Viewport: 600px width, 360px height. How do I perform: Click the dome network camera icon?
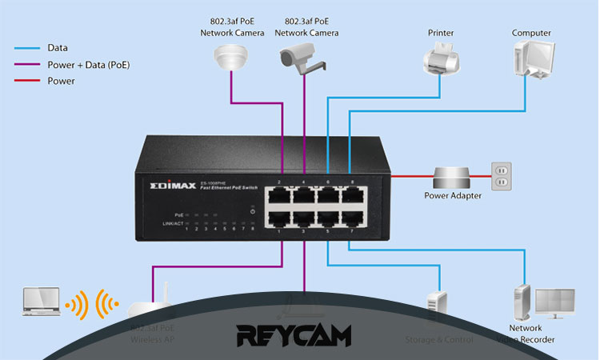click(x=230, y=56)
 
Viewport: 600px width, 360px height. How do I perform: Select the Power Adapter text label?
click(x=454, y=196)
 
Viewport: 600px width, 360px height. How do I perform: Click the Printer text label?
click(x=440, y=33)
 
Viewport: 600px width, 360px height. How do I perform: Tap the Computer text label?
click(x=531, y=33)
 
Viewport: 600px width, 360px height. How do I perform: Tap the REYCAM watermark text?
click(x=294, y=334)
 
